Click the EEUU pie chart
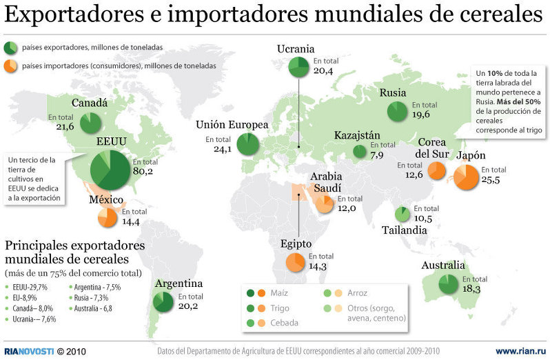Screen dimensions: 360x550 tap(110, 170)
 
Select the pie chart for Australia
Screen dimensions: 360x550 tap(447, 284)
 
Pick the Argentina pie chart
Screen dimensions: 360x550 tap(164, 301)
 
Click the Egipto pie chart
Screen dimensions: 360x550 tap(296, 262)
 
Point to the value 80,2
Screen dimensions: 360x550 tap(143, 171)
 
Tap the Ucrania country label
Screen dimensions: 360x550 tap(296, 49)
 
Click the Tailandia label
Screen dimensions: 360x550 tap(404, 230)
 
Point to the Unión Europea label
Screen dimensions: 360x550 tap(231, 126)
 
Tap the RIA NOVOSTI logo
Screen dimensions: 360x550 tap(28, 351)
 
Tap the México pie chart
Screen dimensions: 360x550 tap(108, 217)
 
